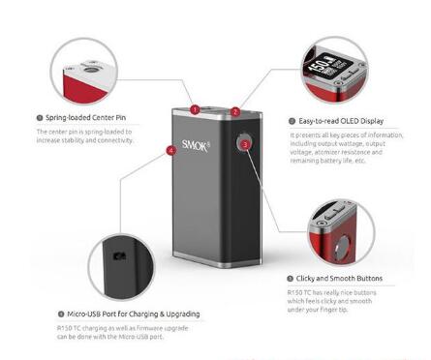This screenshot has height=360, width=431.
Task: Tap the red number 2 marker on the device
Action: click(235, 112)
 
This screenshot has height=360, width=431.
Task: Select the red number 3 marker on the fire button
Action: click(245, 143)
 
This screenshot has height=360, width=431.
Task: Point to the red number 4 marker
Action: click(171, 151)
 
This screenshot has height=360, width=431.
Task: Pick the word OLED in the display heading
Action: click(349, 122)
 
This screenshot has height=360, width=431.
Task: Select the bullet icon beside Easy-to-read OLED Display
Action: click(291, 122)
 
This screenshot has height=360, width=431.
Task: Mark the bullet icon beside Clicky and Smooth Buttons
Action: click(291, 278)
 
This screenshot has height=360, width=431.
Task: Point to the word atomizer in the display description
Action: click(331, 160)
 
